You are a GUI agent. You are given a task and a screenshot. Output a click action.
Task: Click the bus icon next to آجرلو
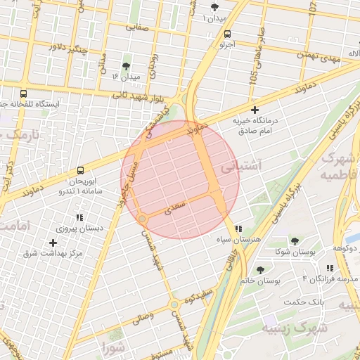(x=226, y=34)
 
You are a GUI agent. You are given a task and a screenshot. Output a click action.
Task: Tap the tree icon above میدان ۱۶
(x=126, y=65)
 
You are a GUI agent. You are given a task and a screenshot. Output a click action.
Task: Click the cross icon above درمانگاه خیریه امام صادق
(x=255, y=110)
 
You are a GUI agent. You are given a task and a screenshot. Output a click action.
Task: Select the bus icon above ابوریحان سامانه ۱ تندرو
(x=80, y=170)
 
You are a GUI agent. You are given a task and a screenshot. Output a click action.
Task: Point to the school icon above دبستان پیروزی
(x=80, y=217)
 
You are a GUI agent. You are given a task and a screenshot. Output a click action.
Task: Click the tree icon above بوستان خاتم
(x=261, y=270)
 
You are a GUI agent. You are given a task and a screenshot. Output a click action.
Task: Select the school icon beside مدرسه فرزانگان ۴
(x=330, y=268)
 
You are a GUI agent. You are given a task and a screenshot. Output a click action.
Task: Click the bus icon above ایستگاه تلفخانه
(x=24, y=93)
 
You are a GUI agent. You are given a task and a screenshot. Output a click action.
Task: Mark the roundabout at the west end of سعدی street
(x=143, y=219)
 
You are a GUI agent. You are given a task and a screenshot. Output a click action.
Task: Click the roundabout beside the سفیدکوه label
(x=174, y=304)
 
